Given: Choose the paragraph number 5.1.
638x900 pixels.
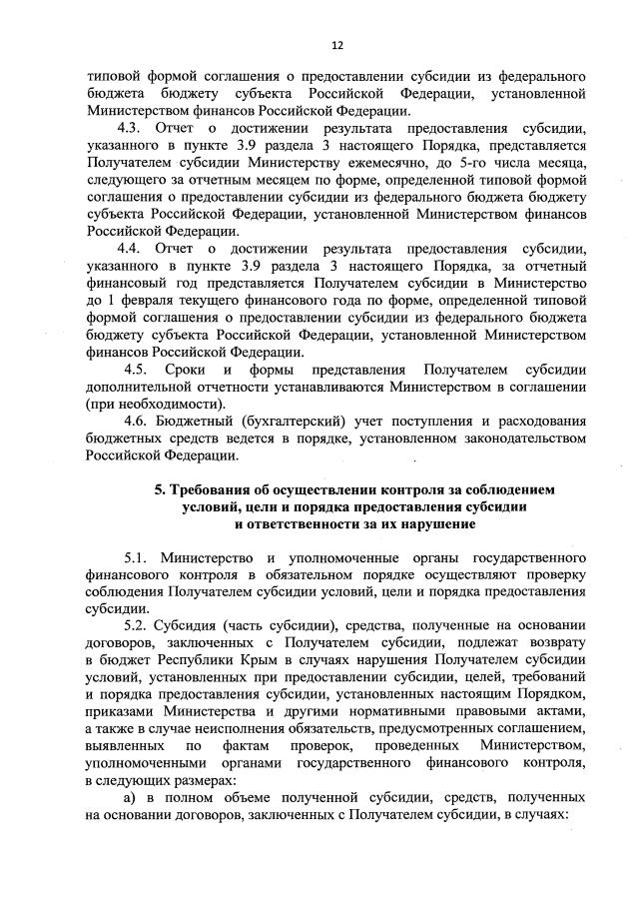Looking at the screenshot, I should click(x=139, y=555).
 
